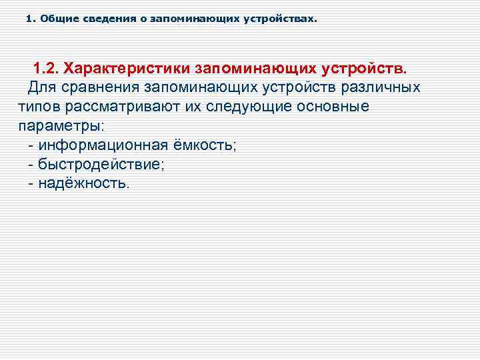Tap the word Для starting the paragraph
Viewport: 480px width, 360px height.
(x=41, y=88)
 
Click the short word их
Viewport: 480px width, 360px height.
(x=191, y=107)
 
